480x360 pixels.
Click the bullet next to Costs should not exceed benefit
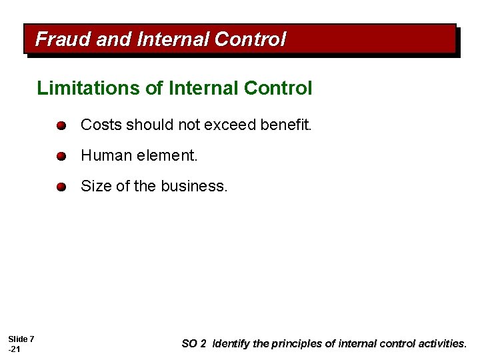(x=61, y=125)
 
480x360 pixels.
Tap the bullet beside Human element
(x=61, y=157)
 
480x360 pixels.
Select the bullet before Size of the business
(x=61, y=187)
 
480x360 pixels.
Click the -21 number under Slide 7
(x=15, y=350)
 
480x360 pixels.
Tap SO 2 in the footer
(x=193, y=344)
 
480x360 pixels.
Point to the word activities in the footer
(x=441, y=344)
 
